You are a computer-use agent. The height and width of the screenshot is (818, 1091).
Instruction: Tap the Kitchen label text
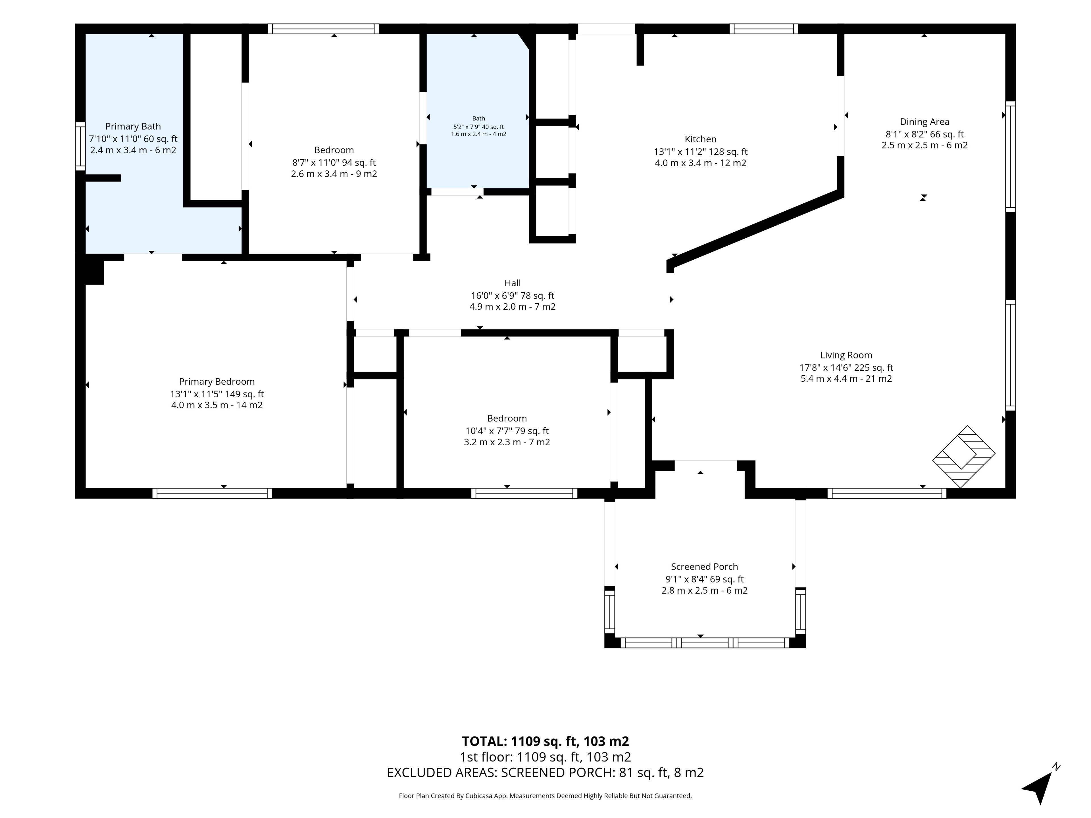click(x=700, y=139)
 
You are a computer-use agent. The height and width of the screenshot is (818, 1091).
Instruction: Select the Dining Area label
click(x=924, y=122)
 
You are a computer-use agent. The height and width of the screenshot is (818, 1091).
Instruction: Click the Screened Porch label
click(x=704, y=567)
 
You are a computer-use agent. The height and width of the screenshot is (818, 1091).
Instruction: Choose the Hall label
click(x=513, y=283)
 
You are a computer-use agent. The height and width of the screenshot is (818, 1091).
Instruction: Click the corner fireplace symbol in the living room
click(x=963, y=457)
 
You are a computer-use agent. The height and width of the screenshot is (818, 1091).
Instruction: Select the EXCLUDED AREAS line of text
click(x=545, y=773)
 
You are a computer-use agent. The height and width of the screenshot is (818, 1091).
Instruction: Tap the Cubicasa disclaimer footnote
click(x=545, y=796)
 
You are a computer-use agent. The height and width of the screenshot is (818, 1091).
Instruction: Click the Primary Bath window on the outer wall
click(x=80, y=147)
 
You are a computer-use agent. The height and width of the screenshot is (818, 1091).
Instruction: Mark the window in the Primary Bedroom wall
click(x=212, y=493)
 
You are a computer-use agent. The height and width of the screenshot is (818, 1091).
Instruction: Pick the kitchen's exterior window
click(x=763, y=29)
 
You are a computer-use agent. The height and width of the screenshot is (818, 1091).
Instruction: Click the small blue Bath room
click(x=477, y=111)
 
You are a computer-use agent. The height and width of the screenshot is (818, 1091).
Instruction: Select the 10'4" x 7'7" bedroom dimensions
click(x=507, y=431)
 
